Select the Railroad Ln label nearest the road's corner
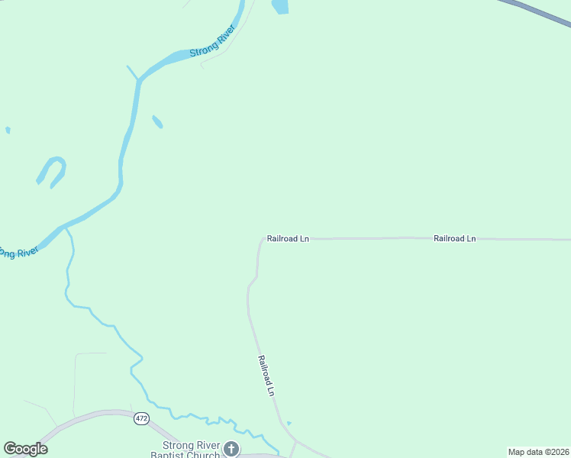[x=288, y=239]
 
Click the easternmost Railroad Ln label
[x=454, y=239]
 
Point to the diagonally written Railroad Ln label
[x=266, y=376]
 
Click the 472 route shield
[x=141, y=418]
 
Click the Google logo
[x=26, y=449]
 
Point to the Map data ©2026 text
[x=538, y=452]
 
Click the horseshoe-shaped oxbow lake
[x=52, y=170]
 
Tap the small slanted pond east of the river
[x=157, y=121]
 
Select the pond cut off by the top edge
[x=280, y=6]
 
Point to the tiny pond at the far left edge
[x=8, y=131]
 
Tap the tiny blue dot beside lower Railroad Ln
[x=289, y=423]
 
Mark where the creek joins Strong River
[x=67, y=227]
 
